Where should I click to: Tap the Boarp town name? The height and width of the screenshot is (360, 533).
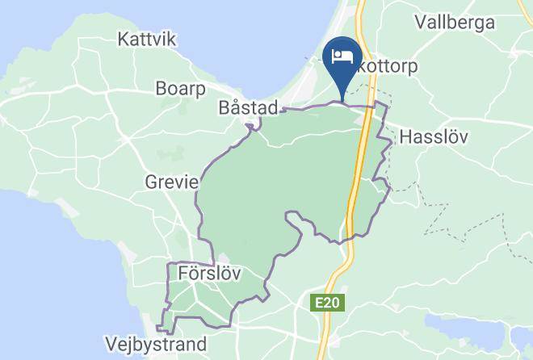[182, 88]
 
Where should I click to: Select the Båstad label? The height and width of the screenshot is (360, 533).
[249, 107]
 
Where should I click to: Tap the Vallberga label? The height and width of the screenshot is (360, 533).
[454, 23]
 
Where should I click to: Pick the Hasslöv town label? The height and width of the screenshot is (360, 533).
[434, 136]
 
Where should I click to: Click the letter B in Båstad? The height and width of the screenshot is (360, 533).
[225, 107]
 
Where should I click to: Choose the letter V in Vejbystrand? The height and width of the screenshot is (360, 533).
[112, 344]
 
